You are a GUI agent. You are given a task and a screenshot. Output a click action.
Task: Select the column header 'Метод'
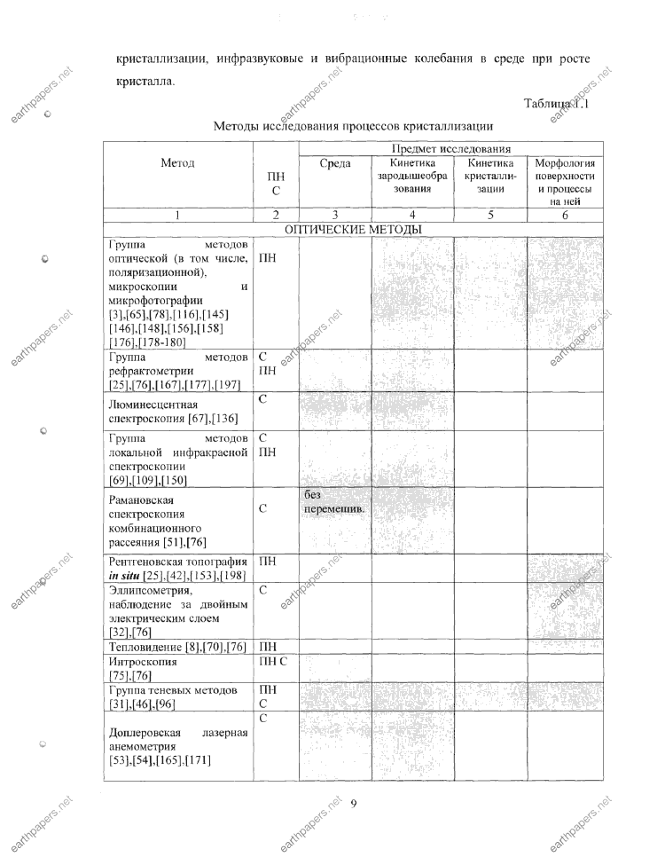178,163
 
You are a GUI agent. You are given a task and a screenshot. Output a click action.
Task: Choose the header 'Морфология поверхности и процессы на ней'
565,182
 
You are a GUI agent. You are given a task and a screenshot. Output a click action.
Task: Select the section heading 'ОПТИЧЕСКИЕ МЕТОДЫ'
352,230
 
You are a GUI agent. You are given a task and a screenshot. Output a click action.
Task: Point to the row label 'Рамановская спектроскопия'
147,507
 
